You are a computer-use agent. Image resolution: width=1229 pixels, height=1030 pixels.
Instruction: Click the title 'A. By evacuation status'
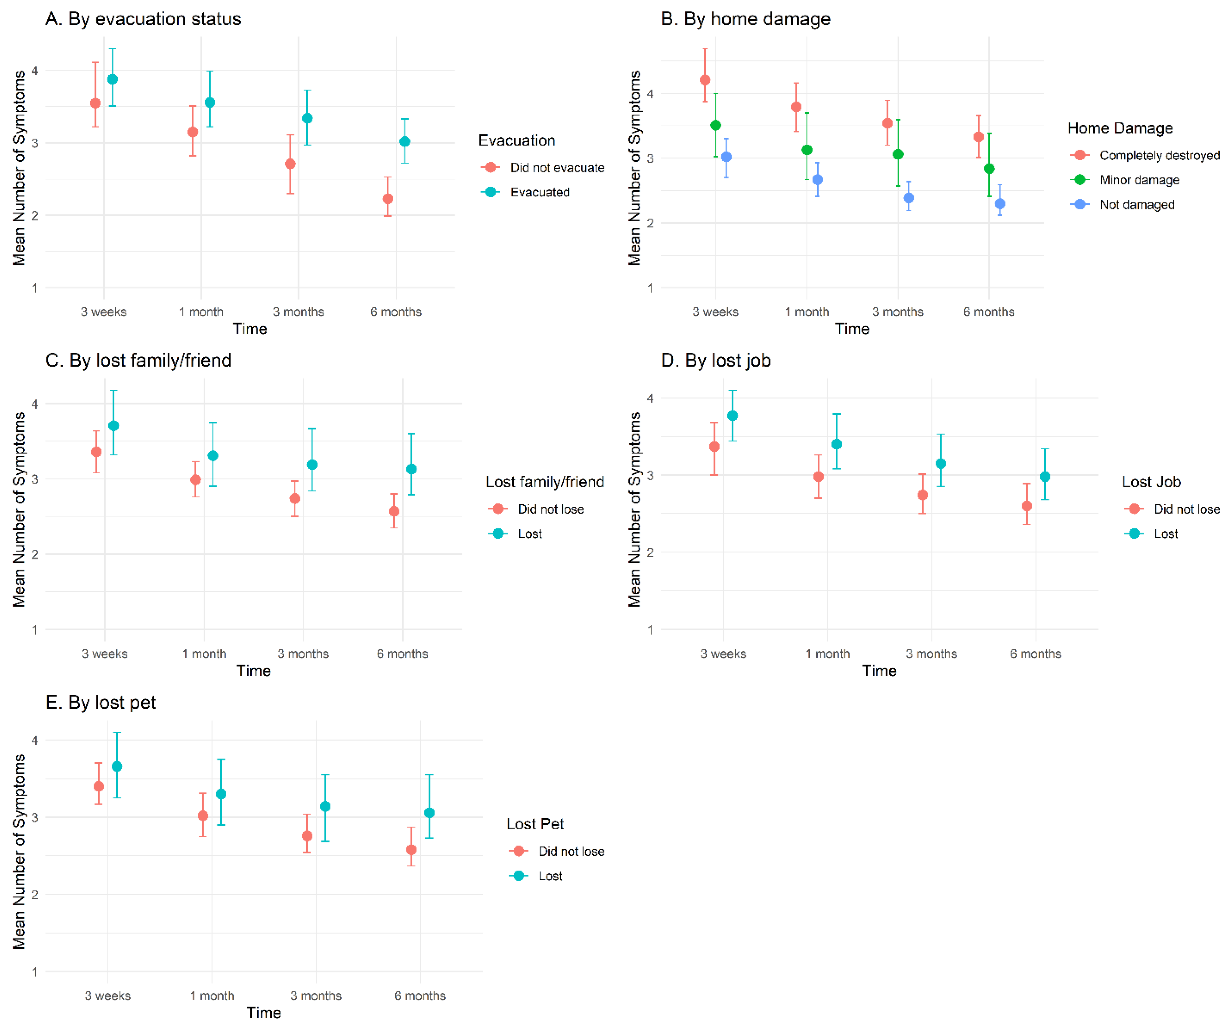(143, 19)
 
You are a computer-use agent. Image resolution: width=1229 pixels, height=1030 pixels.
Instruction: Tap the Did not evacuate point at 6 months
(388, 199)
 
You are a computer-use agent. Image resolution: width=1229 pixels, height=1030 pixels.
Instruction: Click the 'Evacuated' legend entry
(540, 192)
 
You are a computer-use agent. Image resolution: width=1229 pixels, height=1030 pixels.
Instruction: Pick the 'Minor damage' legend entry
(1139, 180)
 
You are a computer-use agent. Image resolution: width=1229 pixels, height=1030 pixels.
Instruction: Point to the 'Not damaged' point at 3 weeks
(726, 157)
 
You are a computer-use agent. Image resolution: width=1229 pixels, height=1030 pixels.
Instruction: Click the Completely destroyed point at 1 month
(796, 107)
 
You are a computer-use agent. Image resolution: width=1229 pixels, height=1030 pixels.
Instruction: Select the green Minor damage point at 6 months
(989, 169)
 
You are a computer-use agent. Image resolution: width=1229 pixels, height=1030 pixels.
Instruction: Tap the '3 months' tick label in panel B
(898, 312)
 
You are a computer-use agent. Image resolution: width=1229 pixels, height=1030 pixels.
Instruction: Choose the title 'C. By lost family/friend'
(139, 360)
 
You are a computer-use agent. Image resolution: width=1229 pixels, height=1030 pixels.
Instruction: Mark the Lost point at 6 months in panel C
(411, 469)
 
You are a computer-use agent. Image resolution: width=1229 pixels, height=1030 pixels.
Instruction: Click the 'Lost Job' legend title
(1151, 482)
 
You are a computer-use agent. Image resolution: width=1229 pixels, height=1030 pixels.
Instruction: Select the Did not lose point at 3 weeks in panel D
(714, 447)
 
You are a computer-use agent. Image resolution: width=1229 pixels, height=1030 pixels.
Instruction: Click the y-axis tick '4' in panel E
(35, 741)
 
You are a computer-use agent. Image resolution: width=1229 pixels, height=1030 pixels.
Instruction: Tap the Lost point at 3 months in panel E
(326, 807)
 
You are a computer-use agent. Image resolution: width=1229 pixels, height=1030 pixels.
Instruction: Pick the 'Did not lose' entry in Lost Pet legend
(571, 852)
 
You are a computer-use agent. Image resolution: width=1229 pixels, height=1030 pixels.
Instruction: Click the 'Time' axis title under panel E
(264, 1012)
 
